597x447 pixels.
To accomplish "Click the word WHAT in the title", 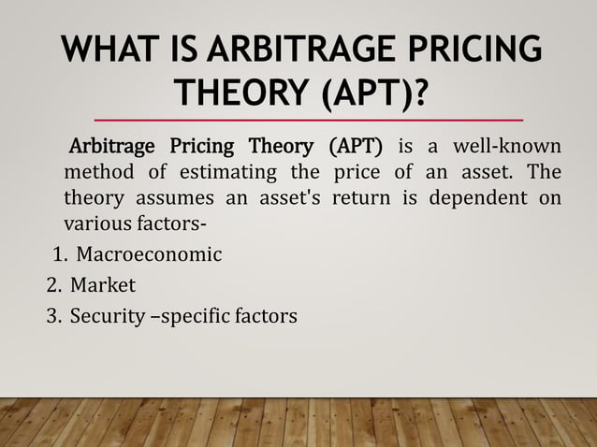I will tap(109, 50).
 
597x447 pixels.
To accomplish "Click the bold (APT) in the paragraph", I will tap(351, 149).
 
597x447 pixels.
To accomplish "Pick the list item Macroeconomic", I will tap(149, 253).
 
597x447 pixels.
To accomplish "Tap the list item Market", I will tap(106, 285).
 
